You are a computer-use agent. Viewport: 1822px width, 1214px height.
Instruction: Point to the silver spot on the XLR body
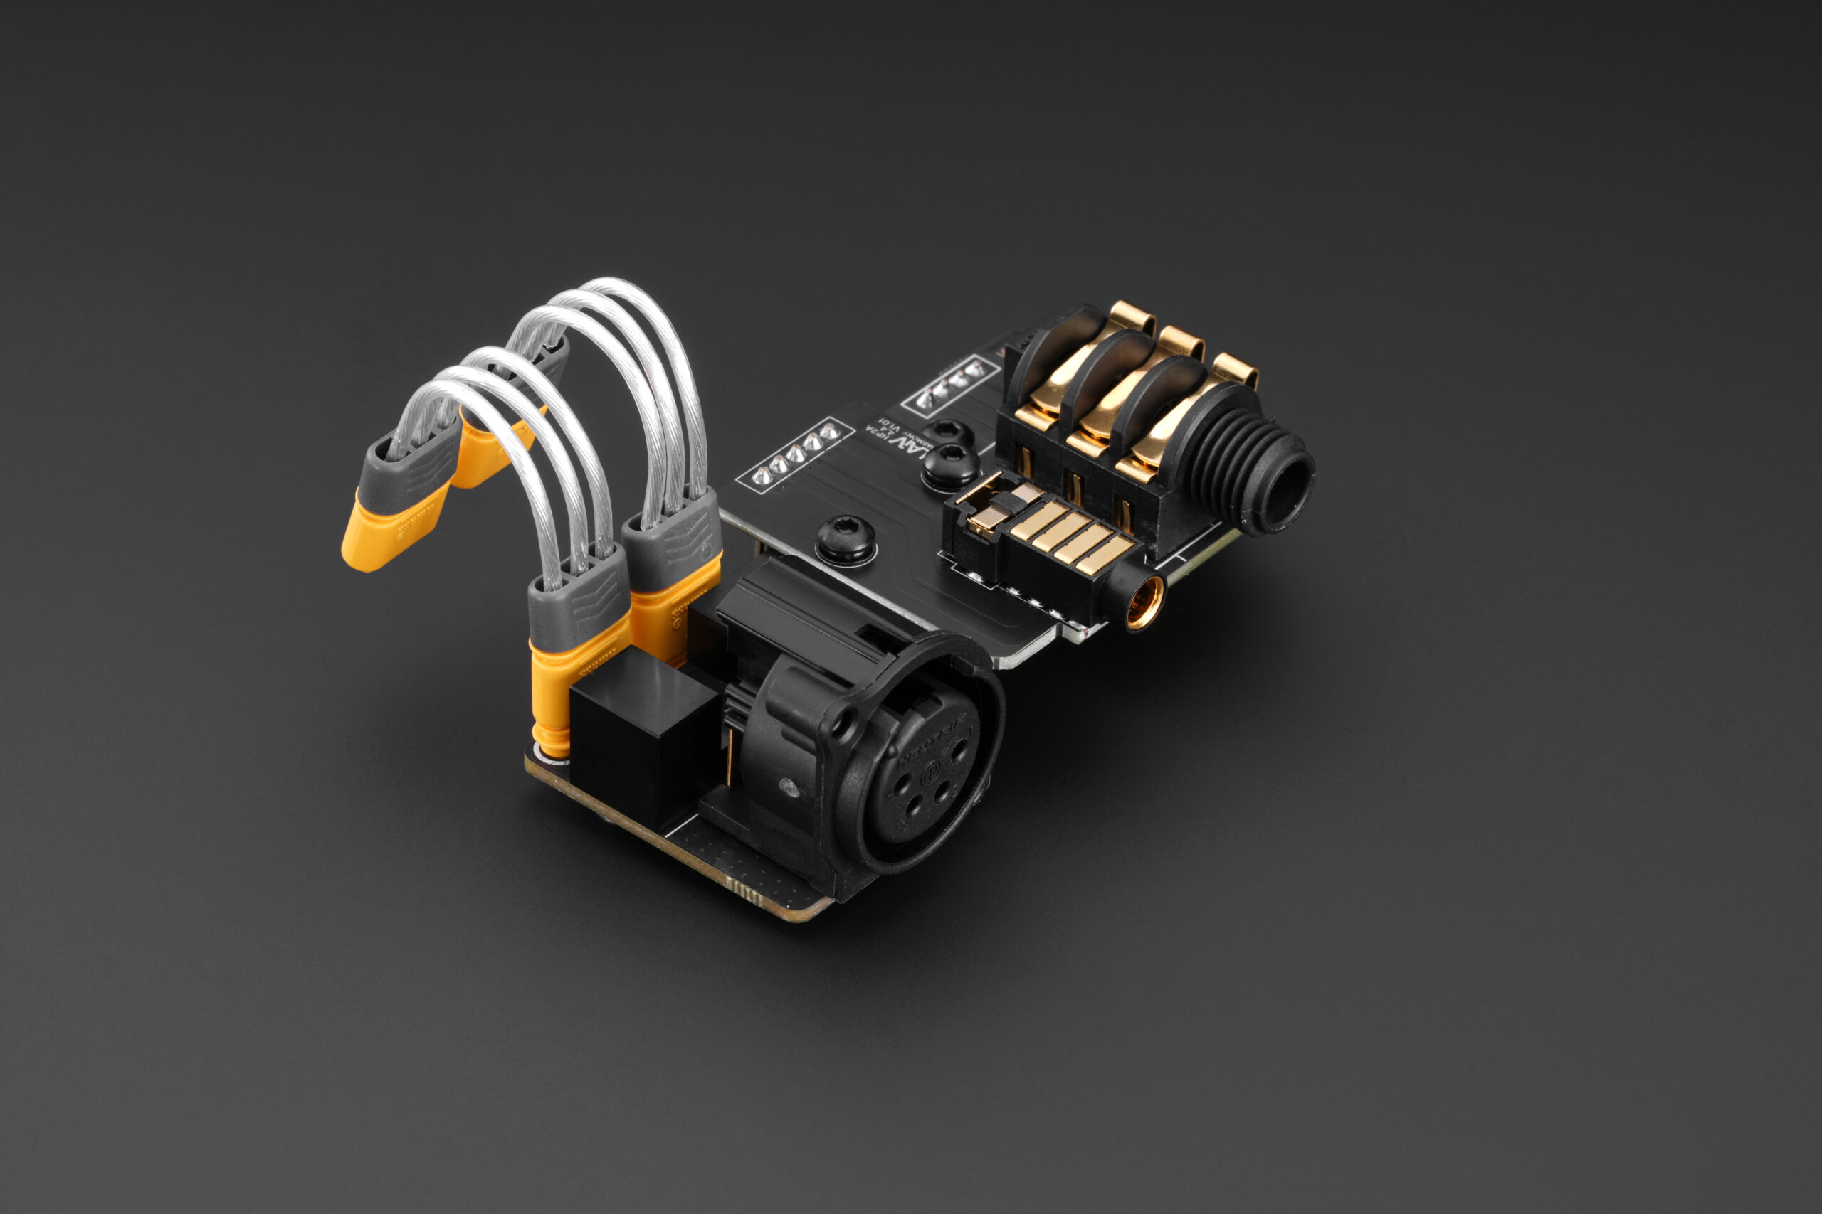[789, 789]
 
